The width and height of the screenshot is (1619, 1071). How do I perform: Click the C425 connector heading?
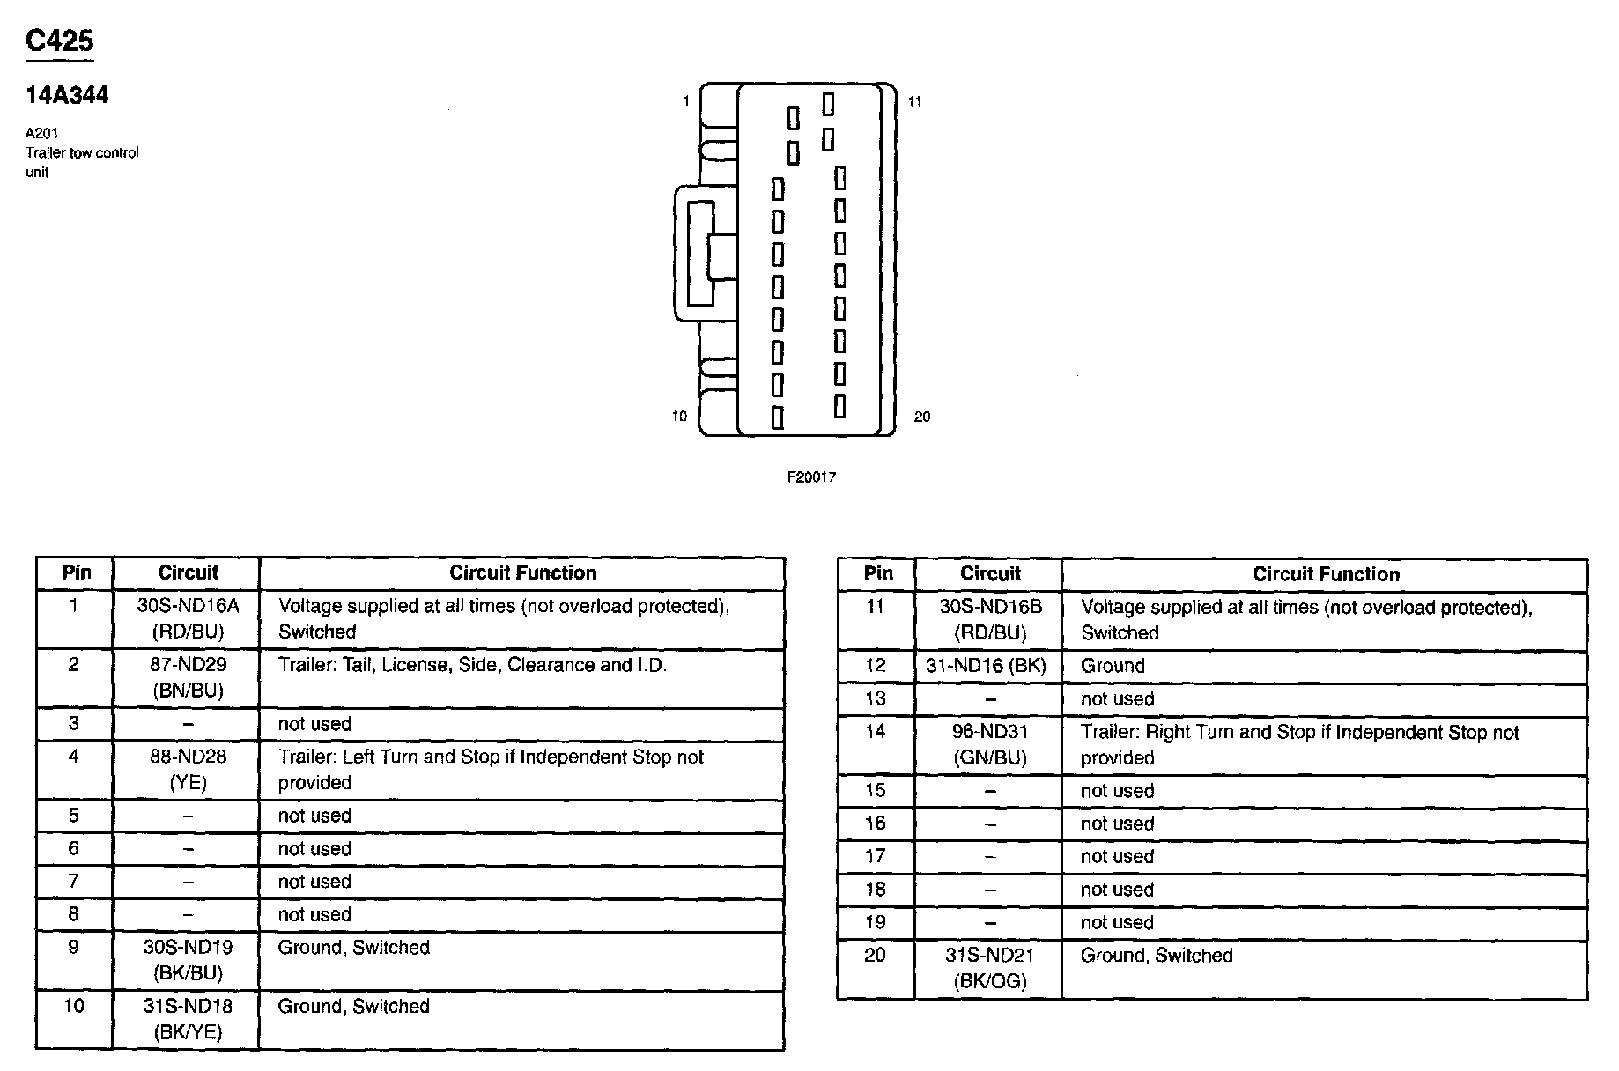tap(59, 41)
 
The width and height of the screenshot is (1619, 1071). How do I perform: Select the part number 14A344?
tap(67, 96)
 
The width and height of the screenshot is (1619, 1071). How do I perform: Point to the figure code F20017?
tap(811, 477)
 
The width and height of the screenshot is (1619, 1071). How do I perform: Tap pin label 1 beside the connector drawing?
tap(686, 101)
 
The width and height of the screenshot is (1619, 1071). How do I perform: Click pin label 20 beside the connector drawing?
tap(921, 417)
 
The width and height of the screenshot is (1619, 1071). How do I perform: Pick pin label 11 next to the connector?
tap(915, 101)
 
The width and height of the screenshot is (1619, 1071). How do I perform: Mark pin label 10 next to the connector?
tap(679, 417)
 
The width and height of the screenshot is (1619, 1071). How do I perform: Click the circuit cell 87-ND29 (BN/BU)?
tap(188, 678)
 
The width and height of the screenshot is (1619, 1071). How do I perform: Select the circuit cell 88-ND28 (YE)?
tap(188, 770)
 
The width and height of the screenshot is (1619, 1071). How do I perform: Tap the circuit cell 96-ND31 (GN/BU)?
tap(990, 745)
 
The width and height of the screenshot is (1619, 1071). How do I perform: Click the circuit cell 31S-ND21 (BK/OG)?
tap(990, 968)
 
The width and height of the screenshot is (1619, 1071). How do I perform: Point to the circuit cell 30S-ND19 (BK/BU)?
tap(188, 960)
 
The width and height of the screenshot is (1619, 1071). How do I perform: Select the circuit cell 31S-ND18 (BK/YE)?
tap(188, 1019)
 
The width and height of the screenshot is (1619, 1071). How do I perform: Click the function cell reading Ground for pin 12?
tap(1113, 667)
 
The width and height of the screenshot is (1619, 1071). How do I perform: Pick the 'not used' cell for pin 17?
tap(1117, 857)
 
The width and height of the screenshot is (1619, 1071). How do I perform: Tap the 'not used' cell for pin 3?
tap(314, 724)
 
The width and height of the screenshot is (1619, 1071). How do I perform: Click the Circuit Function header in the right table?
tap(1326, 575)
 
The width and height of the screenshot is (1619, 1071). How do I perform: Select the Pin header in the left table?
tap(77, 572)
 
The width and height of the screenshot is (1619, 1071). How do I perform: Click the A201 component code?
tap(41, 134)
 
